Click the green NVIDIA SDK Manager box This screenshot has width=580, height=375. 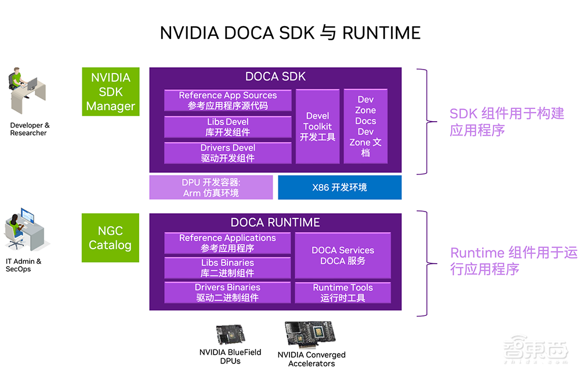pos(110,92)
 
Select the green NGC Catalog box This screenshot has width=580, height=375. pos(110,238)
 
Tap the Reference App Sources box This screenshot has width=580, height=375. pos(228,100)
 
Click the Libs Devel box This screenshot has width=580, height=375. pos(228,127)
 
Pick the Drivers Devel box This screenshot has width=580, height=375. pos(228,153)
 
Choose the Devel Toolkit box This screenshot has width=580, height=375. pos(318,126)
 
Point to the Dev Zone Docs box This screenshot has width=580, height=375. pos(365,126)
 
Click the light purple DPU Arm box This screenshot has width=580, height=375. pos(211,187)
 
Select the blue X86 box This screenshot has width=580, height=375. pos(340,187)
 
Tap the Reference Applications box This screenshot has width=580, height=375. pos(228,243)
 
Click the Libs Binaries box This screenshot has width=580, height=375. pos(228,268)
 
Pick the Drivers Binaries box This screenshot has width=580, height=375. pos(228,292)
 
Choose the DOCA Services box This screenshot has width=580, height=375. pos(343,256)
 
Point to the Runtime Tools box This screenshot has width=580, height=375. pos(343,292)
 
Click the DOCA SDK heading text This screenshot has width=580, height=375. pos(275,77)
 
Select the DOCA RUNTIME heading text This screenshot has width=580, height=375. pos(275,223)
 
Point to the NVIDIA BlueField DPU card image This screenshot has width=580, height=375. pos(230,335)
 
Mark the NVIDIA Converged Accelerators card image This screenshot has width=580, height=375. pos(311,334)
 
